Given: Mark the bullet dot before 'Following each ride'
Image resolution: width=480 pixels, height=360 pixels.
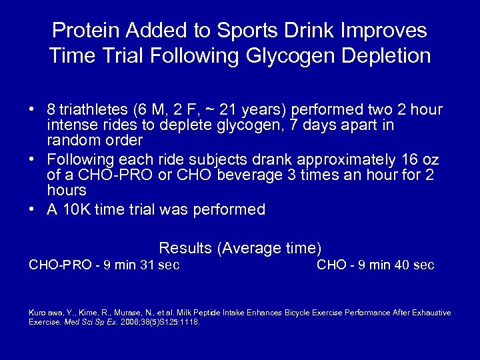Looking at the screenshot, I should [x=32, y=160].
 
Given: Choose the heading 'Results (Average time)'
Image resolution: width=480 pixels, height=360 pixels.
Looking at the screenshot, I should [x=240, y=249].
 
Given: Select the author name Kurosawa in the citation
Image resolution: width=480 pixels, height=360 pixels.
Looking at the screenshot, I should [x=45, y=313].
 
